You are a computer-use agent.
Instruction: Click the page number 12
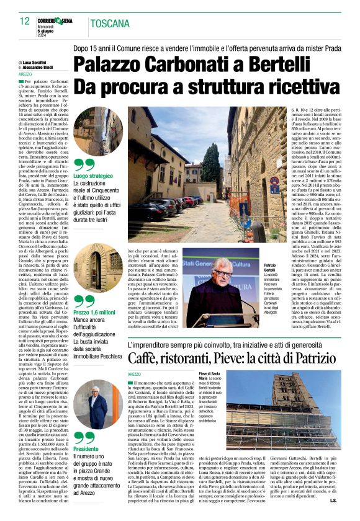24,21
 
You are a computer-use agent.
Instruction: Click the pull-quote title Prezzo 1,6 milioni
94,313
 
